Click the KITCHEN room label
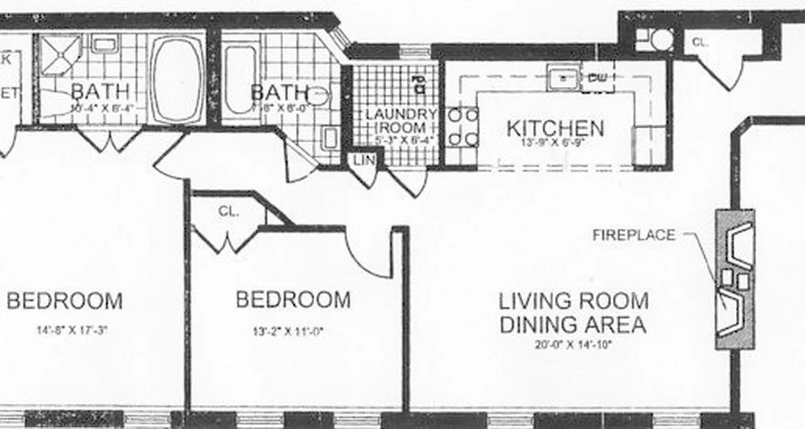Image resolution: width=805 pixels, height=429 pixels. pos(555,129)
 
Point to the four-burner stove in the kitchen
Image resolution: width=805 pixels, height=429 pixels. pos(463,127)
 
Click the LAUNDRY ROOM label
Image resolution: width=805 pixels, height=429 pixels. pos(401,121)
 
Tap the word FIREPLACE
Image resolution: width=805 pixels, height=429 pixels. pos(634,235)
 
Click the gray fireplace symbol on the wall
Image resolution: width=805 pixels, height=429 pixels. pos(735,279)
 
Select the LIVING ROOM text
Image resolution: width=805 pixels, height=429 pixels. pos(573,301)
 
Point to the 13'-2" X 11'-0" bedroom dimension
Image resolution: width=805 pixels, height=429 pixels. pos(289,332)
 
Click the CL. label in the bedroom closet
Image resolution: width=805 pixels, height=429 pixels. pos(228,212)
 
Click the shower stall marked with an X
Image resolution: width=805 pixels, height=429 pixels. pos(60,55)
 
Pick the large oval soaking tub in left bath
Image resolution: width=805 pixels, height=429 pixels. pos(177,80)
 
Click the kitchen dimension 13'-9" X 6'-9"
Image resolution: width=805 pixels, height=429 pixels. pos(555,143)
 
